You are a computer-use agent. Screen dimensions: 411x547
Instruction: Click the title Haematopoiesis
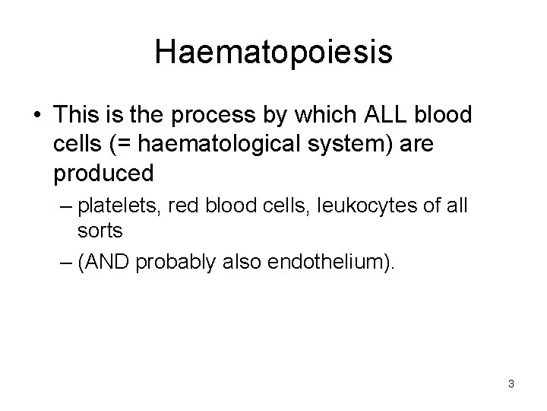coord(273,52)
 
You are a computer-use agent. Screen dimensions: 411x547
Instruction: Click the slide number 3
coord(511,384)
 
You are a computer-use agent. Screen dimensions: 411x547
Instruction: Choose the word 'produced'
coord(103,174)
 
